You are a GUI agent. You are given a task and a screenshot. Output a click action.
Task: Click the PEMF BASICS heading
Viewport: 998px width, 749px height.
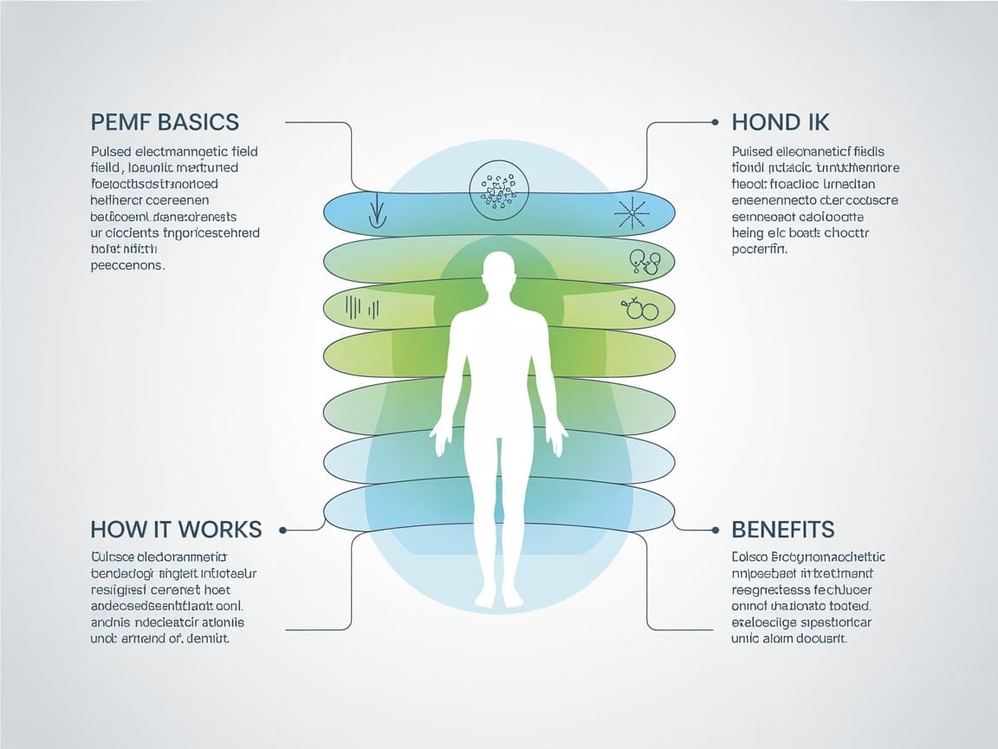(x=165, y=122)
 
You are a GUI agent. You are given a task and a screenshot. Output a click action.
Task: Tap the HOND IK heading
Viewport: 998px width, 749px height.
(x=781, y=122)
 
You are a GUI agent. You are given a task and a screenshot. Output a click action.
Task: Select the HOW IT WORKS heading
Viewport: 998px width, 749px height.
(x=176, y=528)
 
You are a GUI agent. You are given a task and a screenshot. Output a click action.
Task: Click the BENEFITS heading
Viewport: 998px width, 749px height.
(x=782, y=528)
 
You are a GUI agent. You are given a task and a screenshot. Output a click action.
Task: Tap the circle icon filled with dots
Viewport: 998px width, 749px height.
(x=498, y=187)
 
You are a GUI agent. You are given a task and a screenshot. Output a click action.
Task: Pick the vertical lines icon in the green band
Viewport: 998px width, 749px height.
(x=362, y=306)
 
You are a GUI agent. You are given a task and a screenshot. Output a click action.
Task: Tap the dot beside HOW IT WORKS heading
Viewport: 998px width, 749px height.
(x=283, y=528)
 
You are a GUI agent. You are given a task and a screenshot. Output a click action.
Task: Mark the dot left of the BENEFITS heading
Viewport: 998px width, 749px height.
(x=716, y=528)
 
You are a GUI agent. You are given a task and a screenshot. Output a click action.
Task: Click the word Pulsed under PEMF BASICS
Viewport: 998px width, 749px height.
(x=109, y=152)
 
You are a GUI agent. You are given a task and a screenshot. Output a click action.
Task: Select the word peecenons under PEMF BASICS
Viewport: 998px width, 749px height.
(x=126, y=266)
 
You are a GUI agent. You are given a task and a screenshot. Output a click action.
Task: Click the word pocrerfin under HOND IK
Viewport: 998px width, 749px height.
(x=760, y=250)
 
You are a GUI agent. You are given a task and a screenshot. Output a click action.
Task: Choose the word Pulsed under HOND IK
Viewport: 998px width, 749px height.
(x=751, y=152)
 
